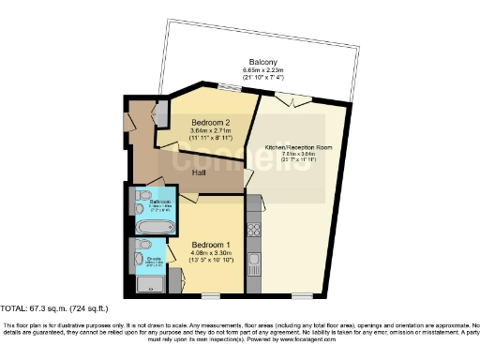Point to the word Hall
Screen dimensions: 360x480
point(200,173)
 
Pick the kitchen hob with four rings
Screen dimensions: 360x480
point(253,230)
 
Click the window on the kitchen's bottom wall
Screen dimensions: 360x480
point(302,297)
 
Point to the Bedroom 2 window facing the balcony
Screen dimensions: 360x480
point(228,88)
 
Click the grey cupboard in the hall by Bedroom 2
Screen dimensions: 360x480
point(160,113)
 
